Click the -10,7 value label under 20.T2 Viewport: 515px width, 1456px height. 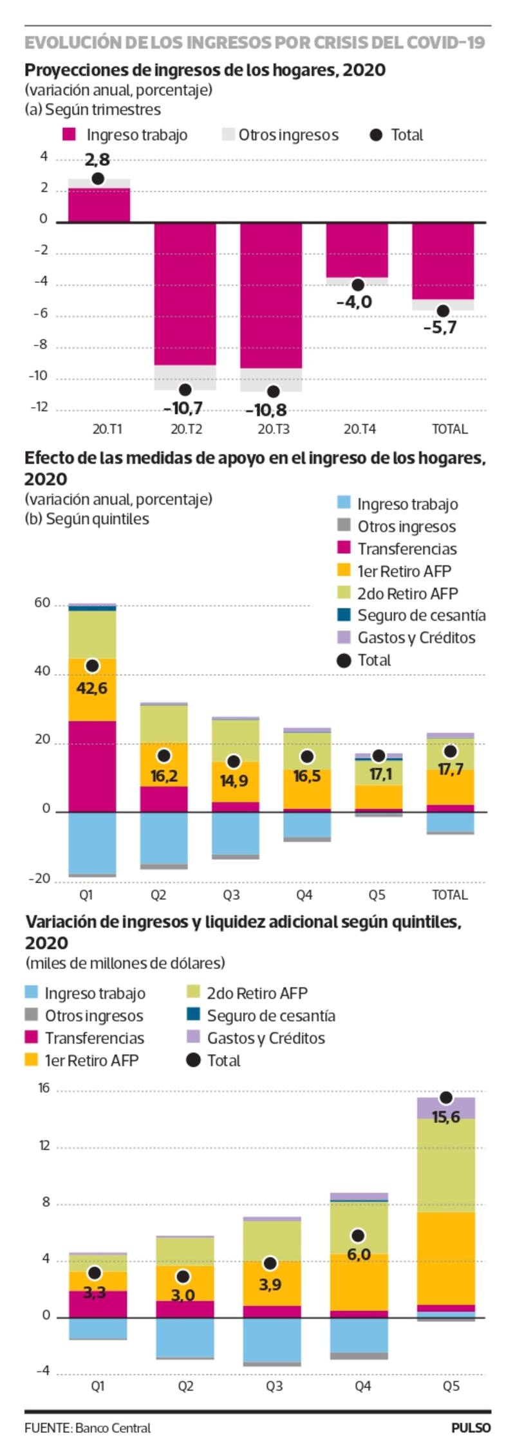point(183,408)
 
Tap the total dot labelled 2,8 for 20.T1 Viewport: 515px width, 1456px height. point(98,179)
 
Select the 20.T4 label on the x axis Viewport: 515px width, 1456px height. point(360,429)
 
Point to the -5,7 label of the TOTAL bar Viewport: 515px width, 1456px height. point(440,327)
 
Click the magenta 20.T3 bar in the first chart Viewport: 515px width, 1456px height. point(271,296)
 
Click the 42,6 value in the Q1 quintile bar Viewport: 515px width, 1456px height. point(92,688)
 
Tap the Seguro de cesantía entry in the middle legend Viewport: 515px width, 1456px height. point(421,615)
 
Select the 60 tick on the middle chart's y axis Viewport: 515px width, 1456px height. point(42,603)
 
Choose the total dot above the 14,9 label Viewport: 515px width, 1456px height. point(234,761)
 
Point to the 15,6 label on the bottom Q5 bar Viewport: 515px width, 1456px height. point(446,1117)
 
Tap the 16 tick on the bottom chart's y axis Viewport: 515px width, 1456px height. point(44,1088)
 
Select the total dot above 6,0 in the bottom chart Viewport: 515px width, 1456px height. point(358,1235)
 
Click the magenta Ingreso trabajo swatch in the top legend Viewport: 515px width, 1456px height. point(69,135)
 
